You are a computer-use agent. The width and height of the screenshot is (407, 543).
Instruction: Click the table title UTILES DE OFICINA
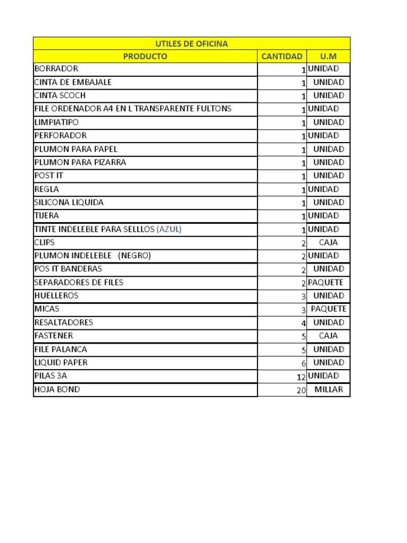point(191,43)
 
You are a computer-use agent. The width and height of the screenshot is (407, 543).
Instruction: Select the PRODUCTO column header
point(145,56)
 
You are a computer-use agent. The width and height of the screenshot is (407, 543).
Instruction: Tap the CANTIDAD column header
point(282,56)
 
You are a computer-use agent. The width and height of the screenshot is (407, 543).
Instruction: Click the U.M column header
point(328,56)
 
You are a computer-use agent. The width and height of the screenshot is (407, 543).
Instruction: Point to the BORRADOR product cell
point(56,69)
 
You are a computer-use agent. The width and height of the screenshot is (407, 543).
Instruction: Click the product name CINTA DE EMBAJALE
point(73,82)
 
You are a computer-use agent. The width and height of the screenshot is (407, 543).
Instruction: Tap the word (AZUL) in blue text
point(173,229)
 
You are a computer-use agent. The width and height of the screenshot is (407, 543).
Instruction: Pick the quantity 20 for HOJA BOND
point(301,390)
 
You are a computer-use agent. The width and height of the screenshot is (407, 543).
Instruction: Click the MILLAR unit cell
point(329,389)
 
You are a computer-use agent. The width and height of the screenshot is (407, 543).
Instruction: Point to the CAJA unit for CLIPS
point(329,242)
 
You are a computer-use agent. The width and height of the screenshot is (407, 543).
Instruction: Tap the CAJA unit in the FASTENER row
point(329,336)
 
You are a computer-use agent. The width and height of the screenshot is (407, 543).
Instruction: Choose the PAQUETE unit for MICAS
point(329,309)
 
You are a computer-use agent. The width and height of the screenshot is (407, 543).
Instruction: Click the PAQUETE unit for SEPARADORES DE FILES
point(325,282)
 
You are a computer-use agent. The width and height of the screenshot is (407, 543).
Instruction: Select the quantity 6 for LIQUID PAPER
point(304,364)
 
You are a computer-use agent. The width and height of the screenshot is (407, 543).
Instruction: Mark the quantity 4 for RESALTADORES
point(304,323)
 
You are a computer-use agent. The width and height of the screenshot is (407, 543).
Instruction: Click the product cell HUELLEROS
point(56,295)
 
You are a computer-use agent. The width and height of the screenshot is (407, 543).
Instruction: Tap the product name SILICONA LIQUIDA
point(69,203)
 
